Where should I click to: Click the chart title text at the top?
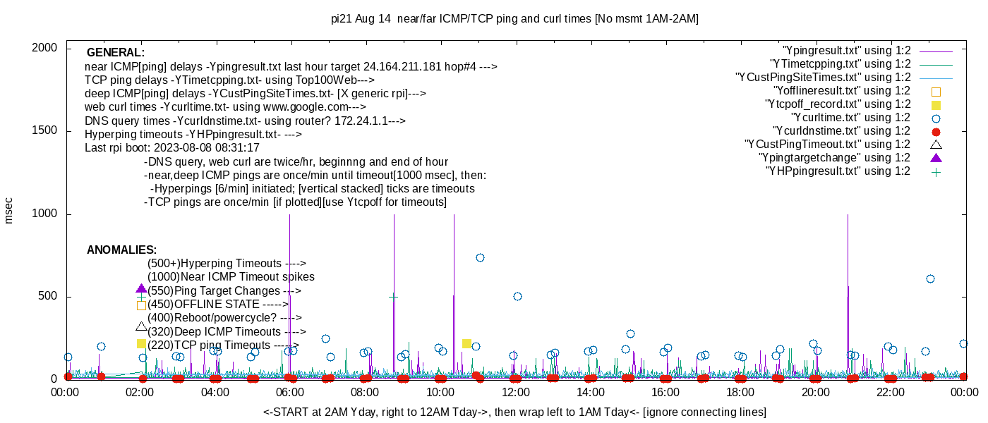pos(514,19)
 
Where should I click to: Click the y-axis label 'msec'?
pos(9,210)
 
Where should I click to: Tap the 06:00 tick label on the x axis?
pos(290,393)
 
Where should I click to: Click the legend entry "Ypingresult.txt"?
pos(847,51)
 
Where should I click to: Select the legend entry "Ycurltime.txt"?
pos(850,118)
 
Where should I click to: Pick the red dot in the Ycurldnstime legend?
pos(936,131)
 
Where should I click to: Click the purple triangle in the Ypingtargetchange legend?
pos(936,158)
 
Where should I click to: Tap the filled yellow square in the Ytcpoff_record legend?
pos(936,104)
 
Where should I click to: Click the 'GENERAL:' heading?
pos(115,53)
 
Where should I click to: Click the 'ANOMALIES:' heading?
pos(121,250)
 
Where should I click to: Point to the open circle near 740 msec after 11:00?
pos(480,257)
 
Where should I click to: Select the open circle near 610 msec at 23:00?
pos(930,278)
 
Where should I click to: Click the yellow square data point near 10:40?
pos(466,343)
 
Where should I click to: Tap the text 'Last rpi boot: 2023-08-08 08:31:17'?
pos(172,148)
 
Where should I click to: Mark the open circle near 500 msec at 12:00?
pos(517,296)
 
